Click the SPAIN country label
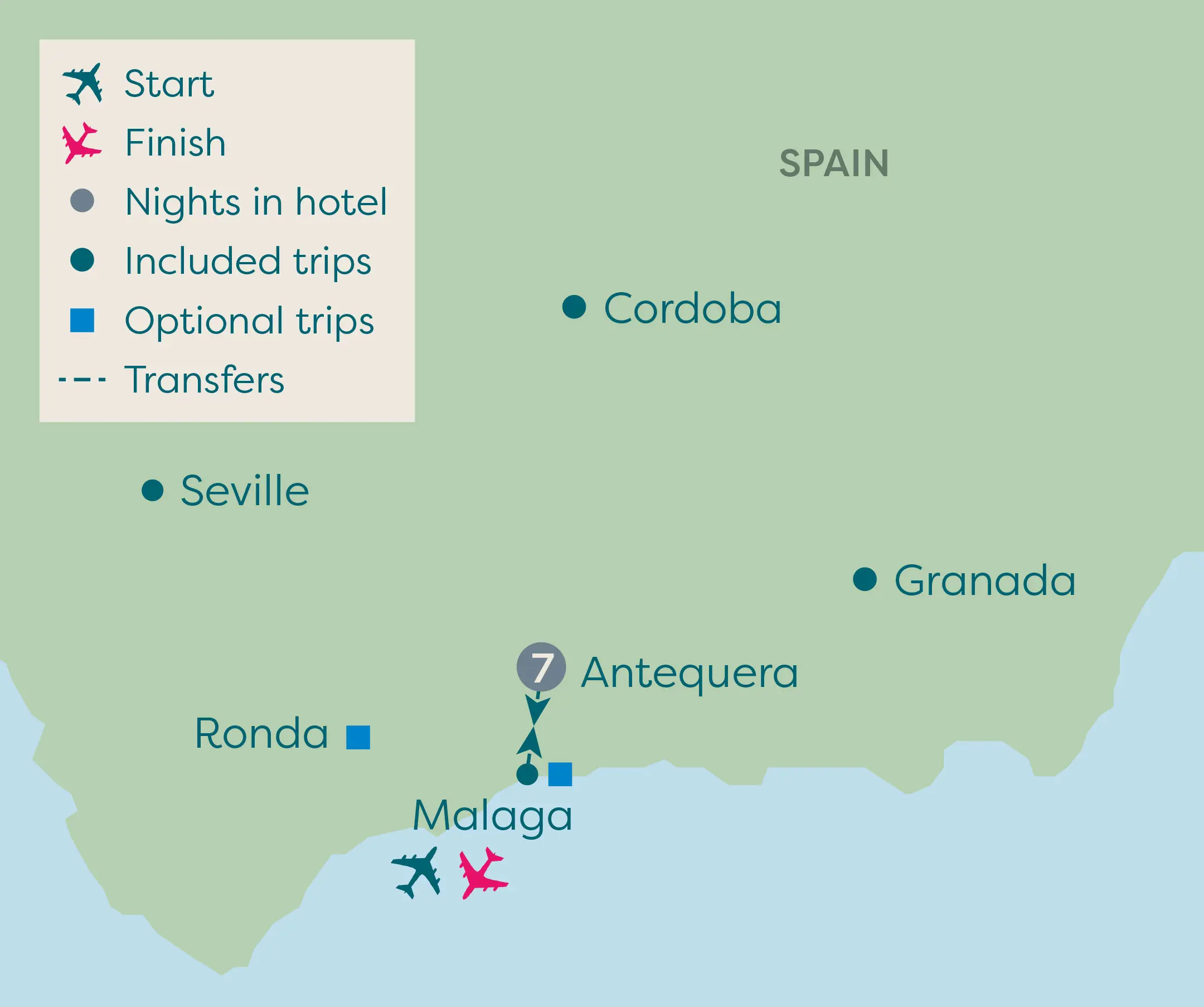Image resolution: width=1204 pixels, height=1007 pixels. (834, 163)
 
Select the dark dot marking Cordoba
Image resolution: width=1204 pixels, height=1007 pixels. (574, 307)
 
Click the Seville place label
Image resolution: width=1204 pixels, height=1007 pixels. (245, 491)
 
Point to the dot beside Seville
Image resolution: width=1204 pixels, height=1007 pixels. (153, 490)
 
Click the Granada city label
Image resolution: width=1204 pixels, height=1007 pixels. (984, 580)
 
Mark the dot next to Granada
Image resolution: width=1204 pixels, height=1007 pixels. (865, 579)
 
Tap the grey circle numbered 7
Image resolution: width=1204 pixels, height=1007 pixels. (541, 667)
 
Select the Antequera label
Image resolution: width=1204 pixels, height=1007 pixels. (689, 672)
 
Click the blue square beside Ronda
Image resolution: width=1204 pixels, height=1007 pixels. (358, 738)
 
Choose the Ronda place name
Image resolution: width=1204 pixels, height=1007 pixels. (261, 733)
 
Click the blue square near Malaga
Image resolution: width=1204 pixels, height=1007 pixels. (560, 774)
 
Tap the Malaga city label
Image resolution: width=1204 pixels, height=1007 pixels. (492, 815)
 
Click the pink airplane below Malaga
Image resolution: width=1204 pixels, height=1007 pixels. (482, 873)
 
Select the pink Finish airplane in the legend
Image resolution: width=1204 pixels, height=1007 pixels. (81, 143)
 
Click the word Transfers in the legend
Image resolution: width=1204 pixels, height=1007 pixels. (204, 380)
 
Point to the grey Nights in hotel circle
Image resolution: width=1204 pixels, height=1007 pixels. (82, 201)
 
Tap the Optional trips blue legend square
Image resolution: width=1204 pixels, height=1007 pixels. (82, 321)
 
